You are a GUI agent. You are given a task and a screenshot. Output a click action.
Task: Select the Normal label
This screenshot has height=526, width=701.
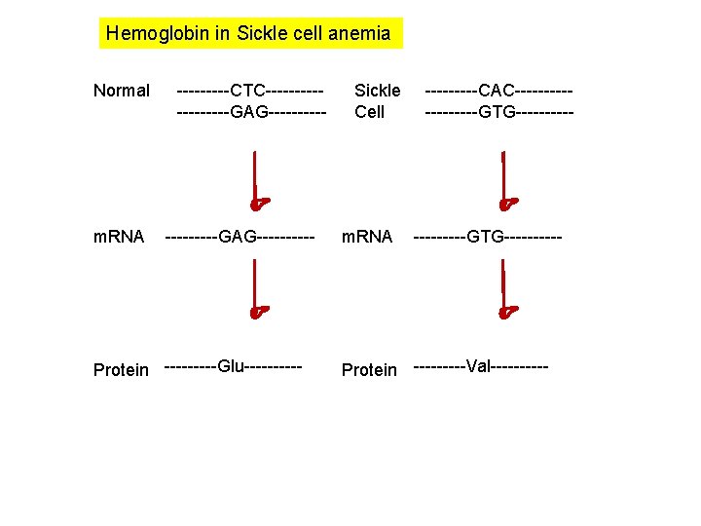click(122, 92)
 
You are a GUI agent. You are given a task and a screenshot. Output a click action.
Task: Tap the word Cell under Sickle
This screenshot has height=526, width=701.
click(370, 112)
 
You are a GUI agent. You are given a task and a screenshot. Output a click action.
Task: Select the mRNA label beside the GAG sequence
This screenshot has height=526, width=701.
click(119, 237)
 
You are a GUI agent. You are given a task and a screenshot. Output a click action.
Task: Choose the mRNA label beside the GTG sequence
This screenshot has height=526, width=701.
click(366, 237)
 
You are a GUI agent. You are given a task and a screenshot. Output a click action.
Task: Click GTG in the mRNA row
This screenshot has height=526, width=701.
click(487, 237)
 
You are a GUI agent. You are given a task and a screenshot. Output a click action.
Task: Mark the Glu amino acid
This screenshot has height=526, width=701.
click(231, 366)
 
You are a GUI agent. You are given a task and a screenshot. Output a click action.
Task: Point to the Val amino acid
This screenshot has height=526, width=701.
click(478, 366)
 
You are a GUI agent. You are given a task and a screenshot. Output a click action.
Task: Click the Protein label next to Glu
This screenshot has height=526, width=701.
click(122, 370)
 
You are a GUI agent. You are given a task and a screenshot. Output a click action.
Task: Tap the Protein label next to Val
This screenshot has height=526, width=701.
click(369, 370)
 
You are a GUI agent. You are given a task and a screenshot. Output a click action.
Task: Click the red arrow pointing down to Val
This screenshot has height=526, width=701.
click(505, 290)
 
